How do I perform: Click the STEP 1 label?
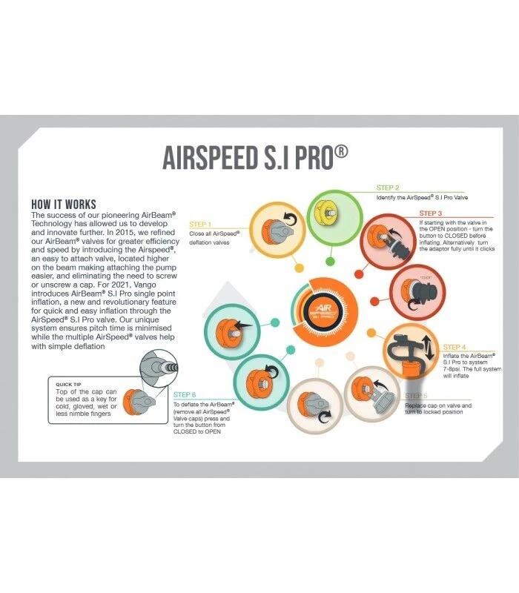(201, 224)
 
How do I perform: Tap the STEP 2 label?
(388, 188)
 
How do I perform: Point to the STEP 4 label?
(455, 347)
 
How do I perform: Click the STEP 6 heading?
(185, 395)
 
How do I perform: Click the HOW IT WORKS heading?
(64, 204)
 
